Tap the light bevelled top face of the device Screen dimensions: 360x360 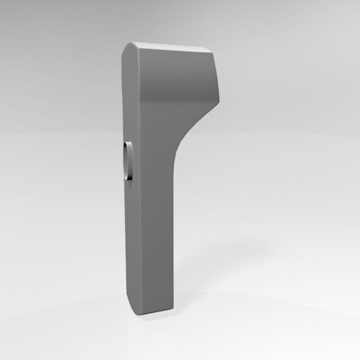[168, 48]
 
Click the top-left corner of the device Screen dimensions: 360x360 [128, 46]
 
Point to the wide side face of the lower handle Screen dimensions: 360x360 [156, 244]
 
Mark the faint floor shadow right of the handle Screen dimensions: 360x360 [201, 299]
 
